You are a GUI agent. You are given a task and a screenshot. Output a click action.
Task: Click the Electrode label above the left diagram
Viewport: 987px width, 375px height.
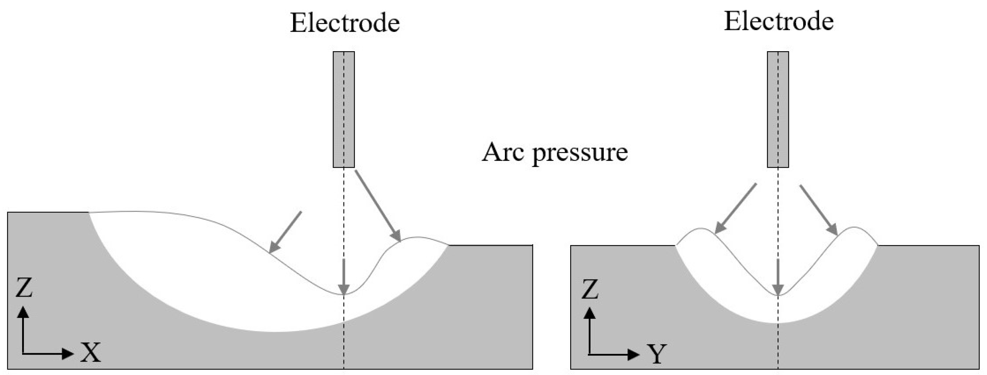(345, 23)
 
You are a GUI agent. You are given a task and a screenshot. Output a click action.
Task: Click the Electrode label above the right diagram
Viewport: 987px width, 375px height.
(778, 21)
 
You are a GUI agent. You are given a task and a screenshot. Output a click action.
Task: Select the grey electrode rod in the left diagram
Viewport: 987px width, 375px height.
(344, 109)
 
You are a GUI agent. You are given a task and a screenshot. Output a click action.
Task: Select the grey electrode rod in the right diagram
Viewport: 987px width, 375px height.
(778, 109)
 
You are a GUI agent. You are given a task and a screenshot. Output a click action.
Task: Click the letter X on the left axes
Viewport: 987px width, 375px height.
(91, 352)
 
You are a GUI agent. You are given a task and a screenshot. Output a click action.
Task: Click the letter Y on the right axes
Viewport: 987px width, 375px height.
(657, 354)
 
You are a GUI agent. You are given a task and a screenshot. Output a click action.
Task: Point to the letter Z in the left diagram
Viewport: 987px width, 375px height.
(24, 288)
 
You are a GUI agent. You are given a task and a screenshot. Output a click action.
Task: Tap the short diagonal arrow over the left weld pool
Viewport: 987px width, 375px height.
(285, 232)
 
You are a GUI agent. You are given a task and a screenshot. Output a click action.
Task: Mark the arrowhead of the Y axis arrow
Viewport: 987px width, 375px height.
(634, 354)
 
